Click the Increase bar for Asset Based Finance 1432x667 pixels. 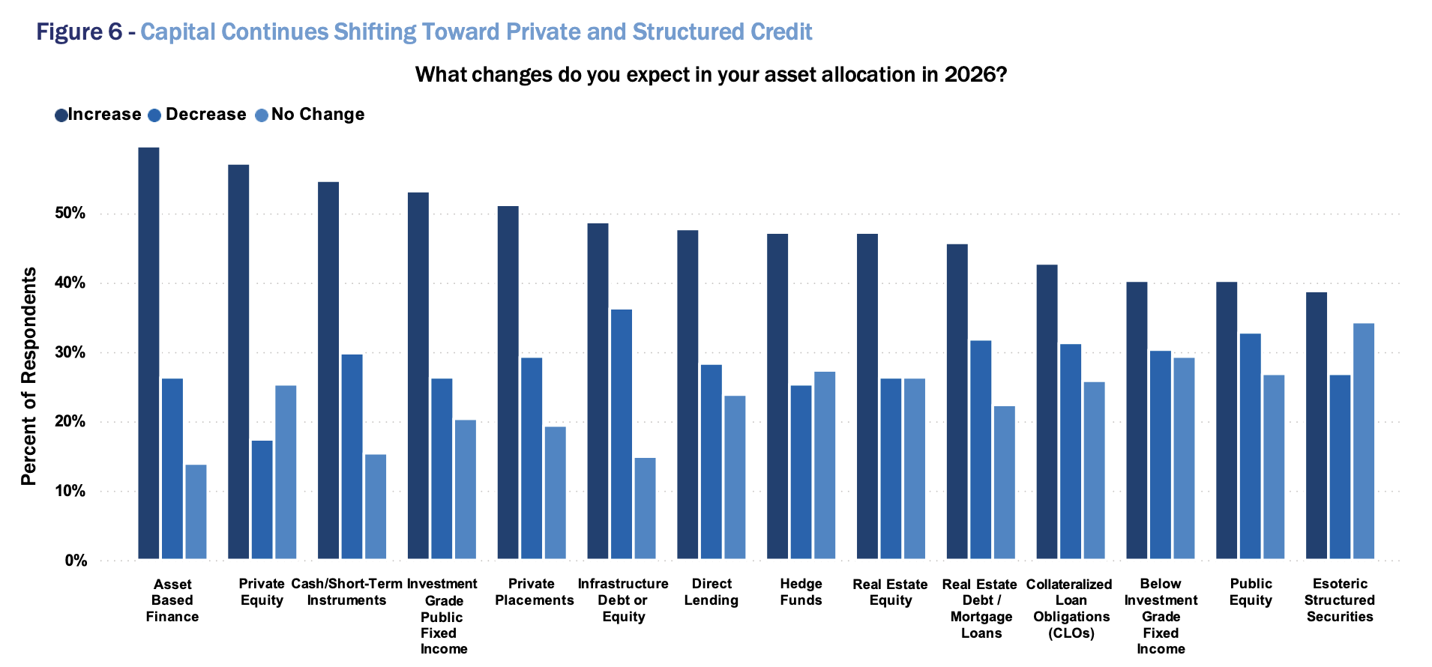(x=148, y=352)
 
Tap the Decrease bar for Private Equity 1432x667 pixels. (x=262, y=500)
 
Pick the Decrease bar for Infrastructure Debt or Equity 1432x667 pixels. (x=622, y=434)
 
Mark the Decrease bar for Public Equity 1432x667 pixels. (x=1251, y=446)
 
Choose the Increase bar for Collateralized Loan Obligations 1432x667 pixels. (x=1047, y=411)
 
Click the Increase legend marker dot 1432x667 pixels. (x=61, y=115)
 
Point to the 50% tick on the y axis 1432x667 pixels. (x=70, y=214)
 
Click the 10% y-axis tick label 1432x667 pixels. (x=70, y=492)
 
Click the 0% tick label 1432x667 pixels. (x=75, y=561)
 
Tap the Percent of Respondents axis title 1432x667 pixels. (x=28, y=376)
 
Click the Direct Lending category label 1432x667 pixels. (x=711, y=592)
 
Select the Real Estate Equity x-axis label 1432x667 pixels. (x=890, y=592)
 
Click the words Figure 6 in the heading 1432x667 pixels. (x=79, y=32)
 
